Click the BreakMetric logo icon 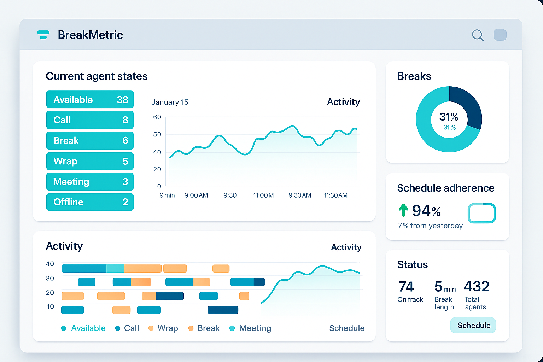[x=43, y=35]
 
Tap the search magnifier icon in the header [x=477, y=35]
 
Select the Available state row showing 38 [x=90, y=99]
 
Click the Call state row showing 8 [x=90, y=120]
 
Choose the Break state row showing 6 [x=90, y=140]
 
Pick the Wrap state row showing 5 [x=90, y=161]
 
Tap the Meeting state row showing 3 [x=90, y=182]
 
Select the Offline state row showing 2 [x=90, y=202]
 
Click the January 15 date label [x=170, y=102]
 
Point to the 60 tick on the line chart [x=157, y=117]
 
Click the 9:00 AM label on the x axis [x=196, y=195]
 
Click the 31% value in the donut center [x=449, y=117]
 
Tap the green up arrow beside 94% [x=403, y=210]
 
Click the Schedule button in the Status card [x=473, y=325]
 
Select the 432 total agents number [x=476, y=286]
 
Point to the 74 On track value [x=406, y=287]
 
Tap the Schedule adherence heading [x=445, y=188]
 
